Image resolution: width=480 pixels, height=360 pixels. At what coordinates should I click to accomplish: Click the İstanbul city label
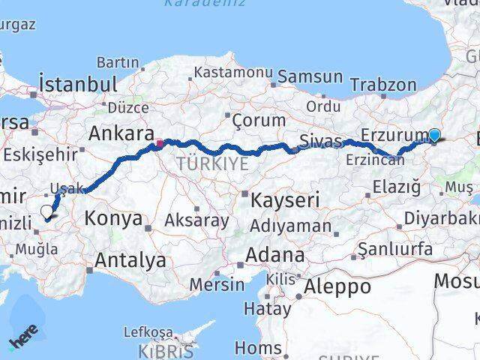point(78,83)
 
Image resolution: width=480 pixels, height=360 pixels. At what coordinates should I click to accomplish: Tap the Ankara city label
point(116,133)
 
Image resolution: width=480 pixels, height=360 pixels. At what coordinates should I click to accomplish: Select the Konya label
point(113,219)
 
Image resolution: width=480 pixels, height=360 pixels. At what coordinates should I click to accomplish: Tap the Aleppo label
point(337,286)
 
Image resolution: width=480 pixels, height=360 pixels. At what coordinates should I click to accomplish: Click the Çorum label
point(259,120)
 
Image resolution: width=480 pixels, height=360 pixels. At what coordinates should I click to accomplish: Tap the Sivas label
point(320,140)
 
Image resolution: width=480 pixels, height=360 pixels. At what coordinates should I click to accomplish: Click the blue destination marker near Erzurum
point(434,135)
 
